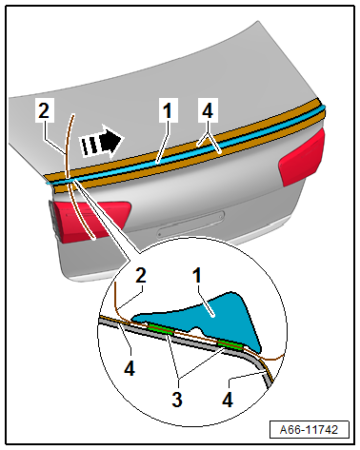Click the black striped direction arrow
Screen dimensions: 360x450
101,141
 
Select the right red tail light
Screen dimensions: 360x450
302,157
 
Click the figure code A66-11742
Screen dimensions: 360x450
309,430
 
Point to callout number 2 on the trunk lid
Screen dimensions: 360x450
44,110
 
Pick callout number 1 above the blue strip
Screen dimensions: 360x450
168,110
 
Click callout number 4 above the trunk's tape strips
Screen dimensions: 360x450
208,110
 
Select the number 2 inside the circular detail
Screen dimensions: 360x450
141,275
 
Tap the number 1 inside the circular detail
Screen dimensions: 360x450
197,275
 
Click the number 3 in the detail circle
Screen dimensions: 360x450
177,400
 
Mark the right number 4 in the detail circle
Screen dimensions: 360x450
228,400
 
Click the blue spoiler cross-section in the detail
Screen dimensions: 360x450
203,321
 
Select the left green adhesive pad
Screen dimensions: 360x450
161,329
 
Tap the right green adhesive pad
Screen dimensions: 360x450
230,345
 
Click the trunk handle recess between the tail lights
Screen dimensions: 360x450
190,224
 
